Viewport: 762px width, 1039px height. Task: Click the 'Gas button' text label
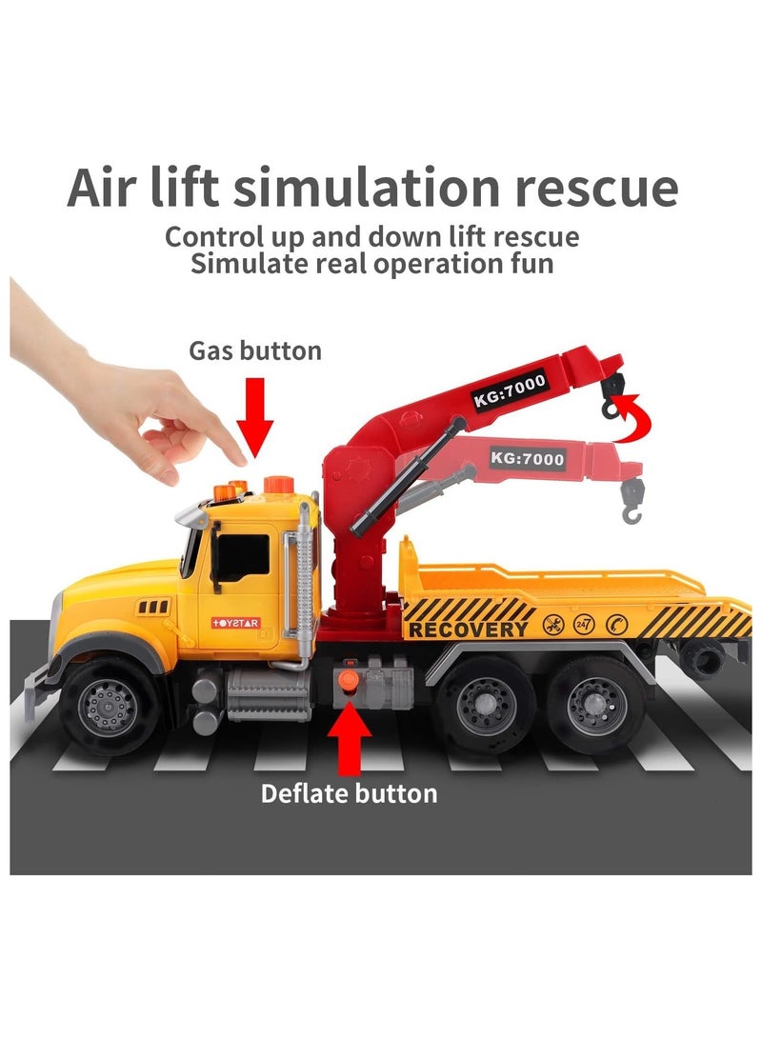click(x=255, y=350)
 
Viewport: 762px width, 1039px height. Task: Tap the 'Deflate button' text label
click(x=350, y=792)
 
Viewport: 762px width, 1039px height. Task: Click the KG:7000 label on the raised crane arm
click(x=509, y=390)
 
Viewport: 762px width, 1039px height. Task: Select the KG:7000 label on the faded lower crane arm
click(x=527, y=459)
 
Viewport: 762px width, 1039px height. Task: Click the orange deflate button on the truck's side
click(x=350, y=682)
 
